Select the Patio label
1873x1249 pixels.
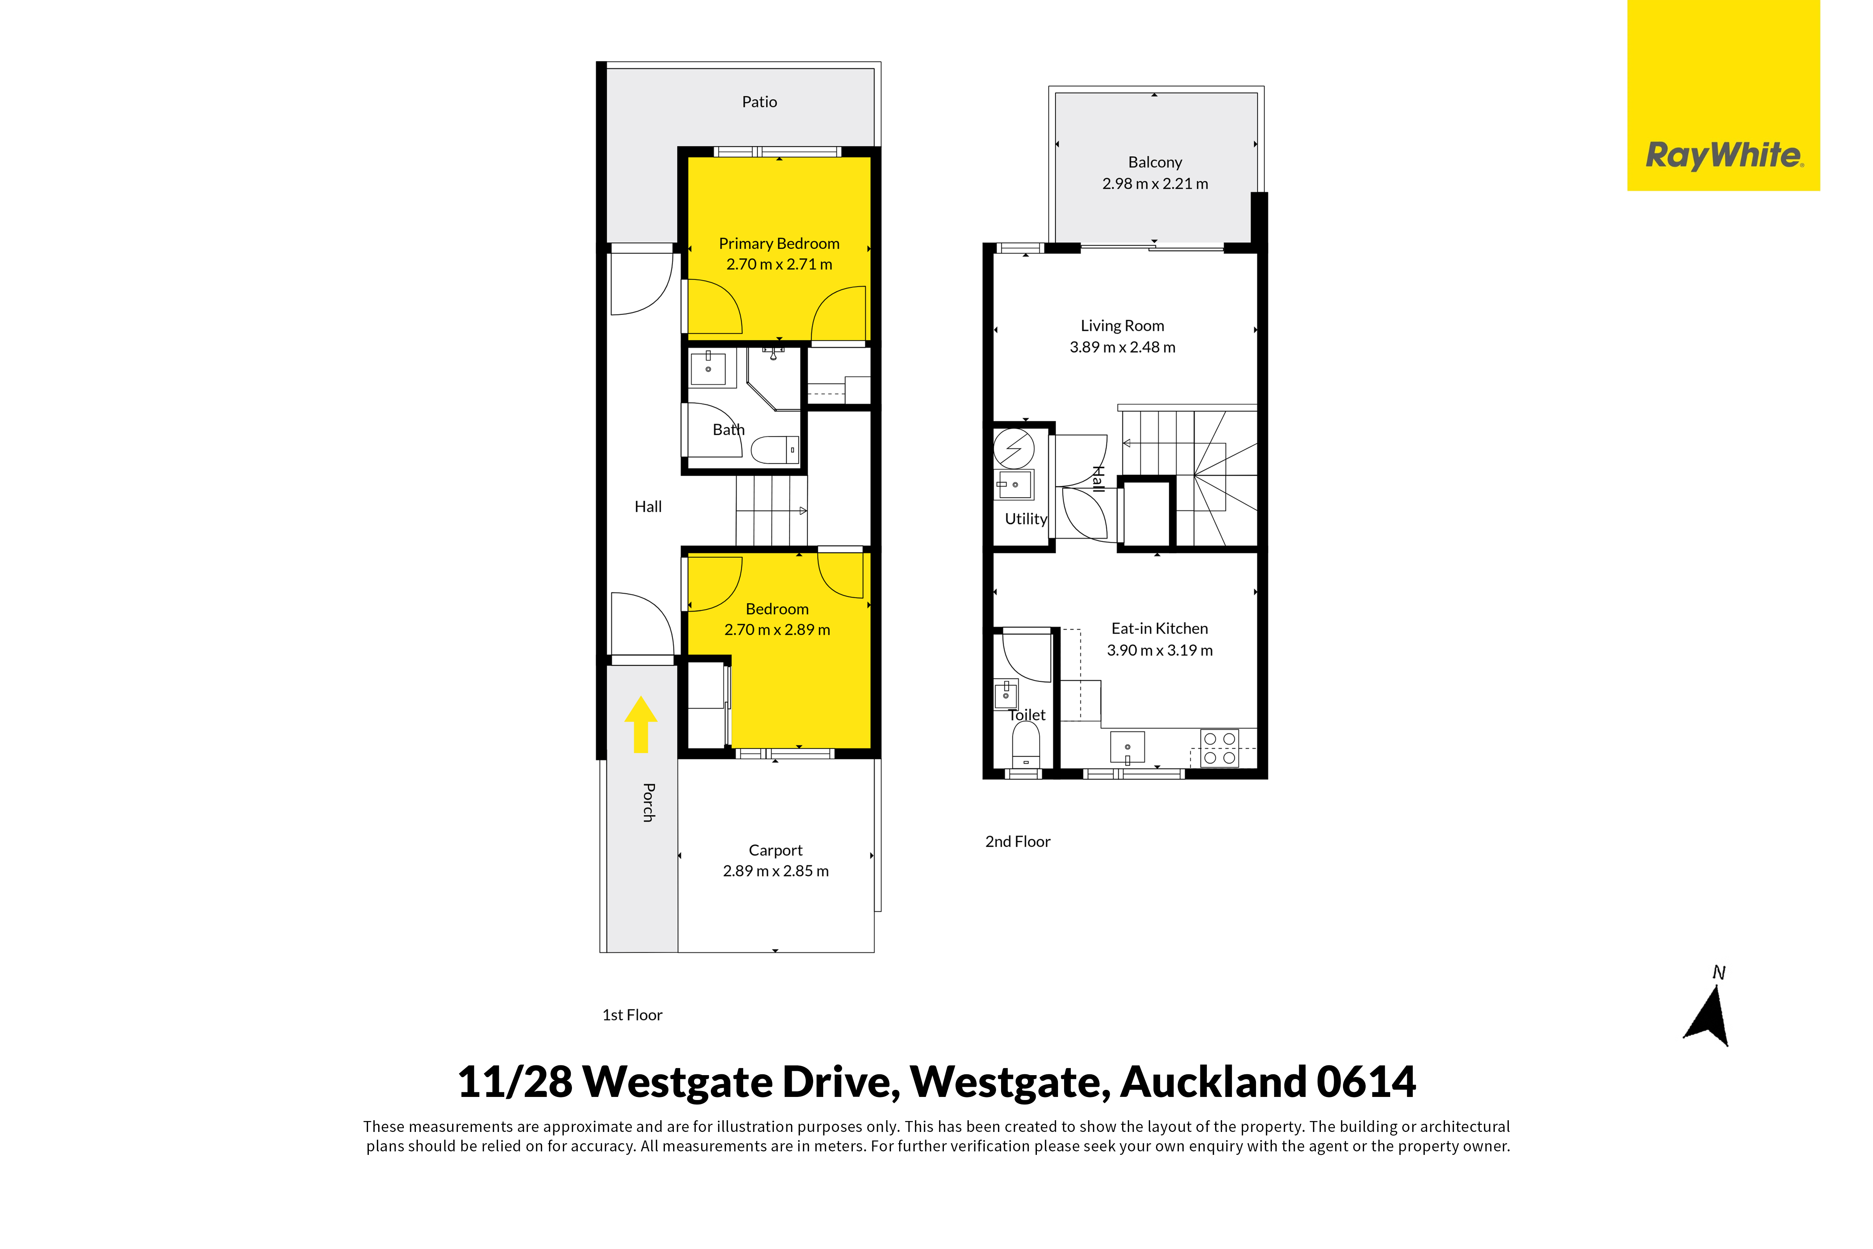759,102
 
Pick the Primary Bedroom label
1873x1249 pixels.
779,244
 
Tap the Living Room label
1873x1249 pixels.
1122,326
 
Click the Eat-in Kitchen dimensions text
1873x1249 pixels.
1160,651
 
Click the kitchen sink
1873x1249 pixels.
1127,747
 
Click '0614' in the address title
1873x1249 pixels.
1366,1083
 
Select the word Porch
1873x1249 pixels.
649,802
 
